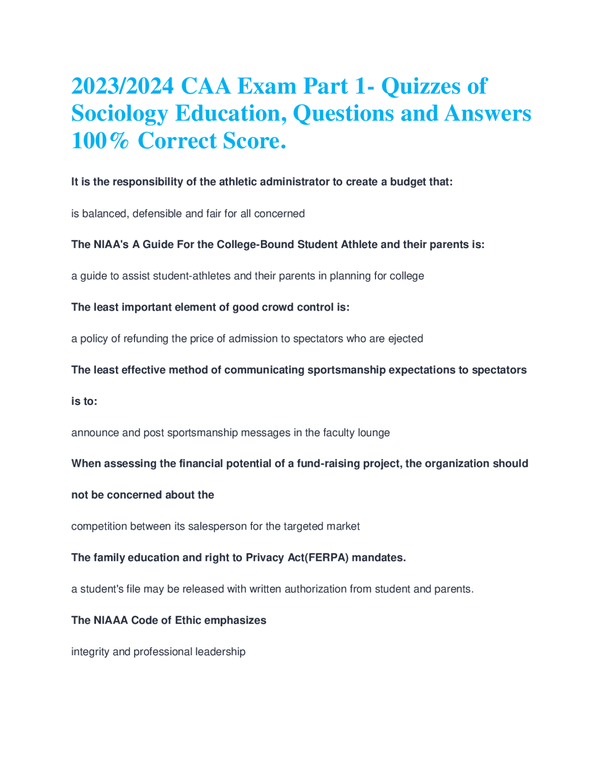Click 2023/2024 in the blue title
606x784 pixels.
click(122, 86)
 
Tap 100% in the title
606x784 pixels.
click(100, 141)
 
